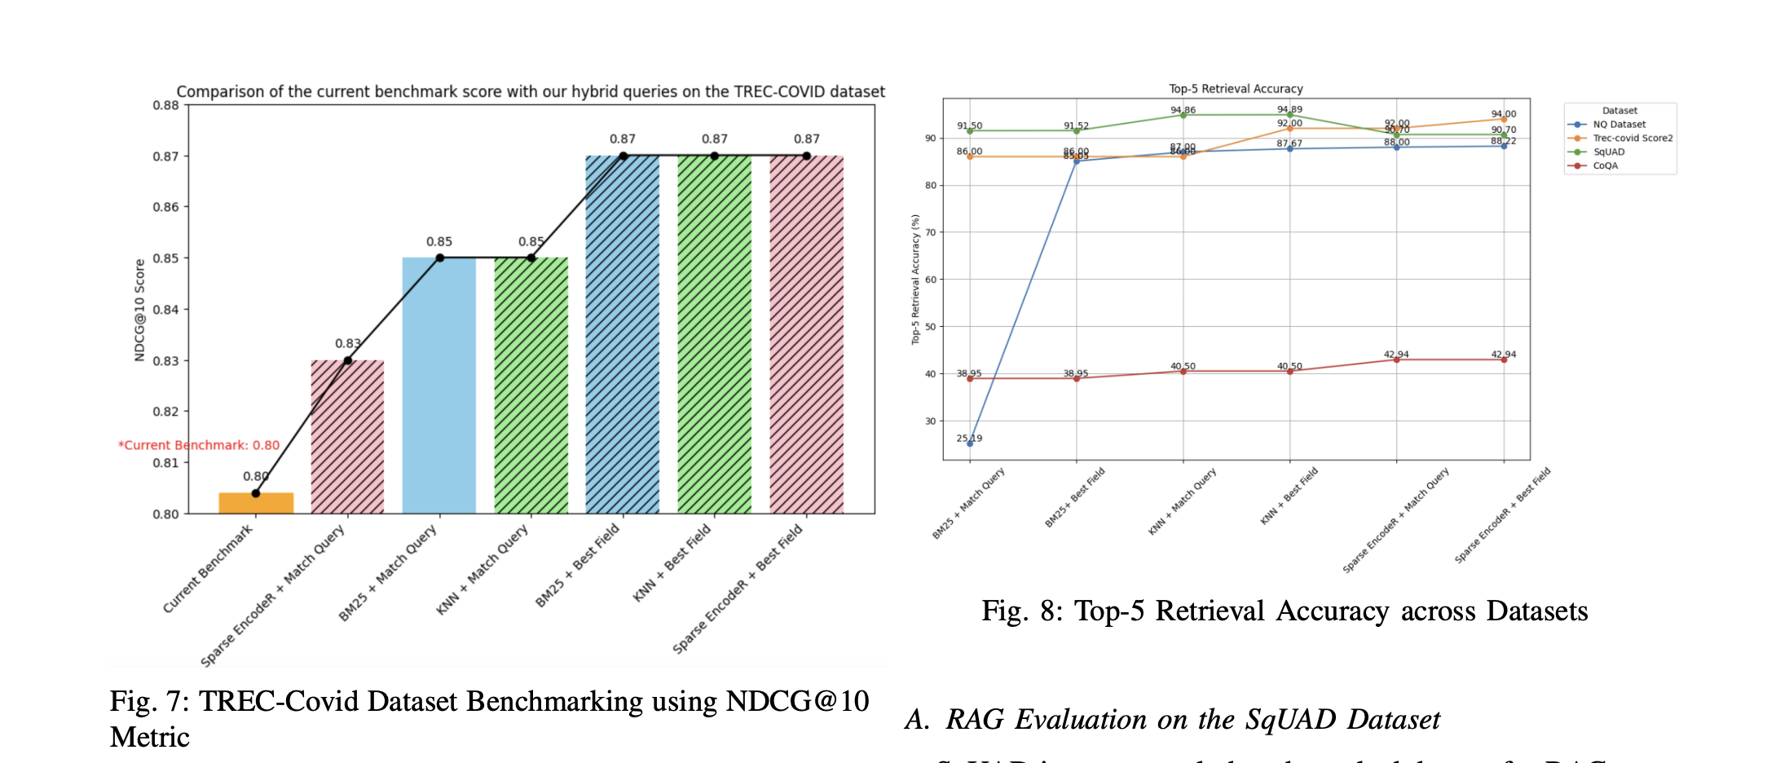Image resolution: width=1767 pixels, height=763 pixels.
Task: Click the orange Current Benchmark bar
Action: [x=256, y=503]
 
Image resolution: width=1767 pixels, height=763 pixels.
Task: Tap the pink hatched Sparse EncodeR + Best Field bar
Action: [x=806, y=334]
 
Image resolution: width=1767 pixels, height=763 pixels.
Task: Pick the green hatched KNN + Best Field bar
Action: [x=714, y=334]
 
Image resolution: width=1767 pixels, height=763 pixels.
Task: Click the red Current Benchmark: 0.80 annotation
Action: [x=199, y=445]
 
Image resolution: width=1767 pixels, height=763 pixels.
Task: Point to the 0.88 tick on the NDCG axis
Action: [x=165, y=105]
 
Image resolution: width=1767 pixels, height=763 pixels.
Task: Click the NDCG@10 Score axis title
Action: [x=139, y=310]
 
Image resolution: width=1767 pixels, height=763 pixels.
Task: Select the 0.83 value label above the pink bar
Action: [x=347, y=344]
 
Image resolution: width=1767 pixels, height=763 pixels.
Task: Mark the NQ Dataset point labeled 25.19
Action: [x=970, y=443]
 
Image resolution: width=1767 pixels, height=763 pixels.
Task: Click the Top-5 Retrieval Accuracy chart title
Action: [x=1236, y=89]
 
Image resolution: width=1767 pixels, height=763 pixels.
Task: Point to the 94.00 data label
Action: [x=1504, y=114]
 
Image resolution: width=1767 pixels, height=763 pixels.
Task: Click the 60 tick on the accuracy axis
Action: [x=930, y=280]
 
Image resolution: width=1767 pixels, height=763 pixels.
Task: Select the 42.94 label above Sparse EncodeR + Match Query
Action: [x=1396, y=355]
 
